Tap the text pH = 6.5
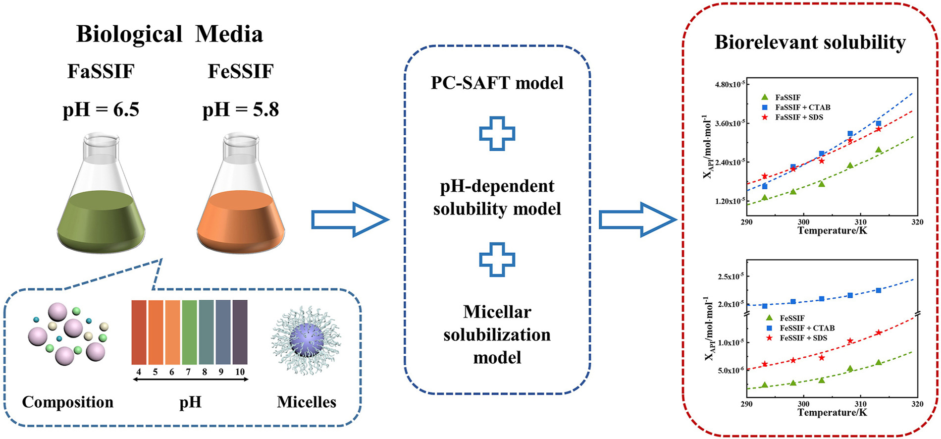point(101,110)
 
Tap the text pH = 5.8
point(241,110)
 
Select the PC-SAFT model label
point(497,83)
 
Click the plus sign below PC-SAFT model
point(497,133)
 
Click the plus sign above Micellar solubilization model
point(497,259)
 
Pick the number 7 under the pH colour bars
point(188,372)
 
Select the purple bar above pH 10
point(240,332)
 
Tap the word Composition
point(68,402)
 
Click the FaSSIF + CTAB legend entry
point(802,108)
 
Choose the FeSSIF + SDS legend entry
point(803,338)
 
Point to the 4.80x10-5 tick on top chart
point(730,84)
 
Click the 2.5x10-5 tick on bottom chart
point(731,276)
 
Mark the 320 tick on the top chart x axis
point(917,222)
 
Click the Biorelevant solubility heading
point(810,42)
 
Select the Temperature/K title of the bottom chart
point(832,412)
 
